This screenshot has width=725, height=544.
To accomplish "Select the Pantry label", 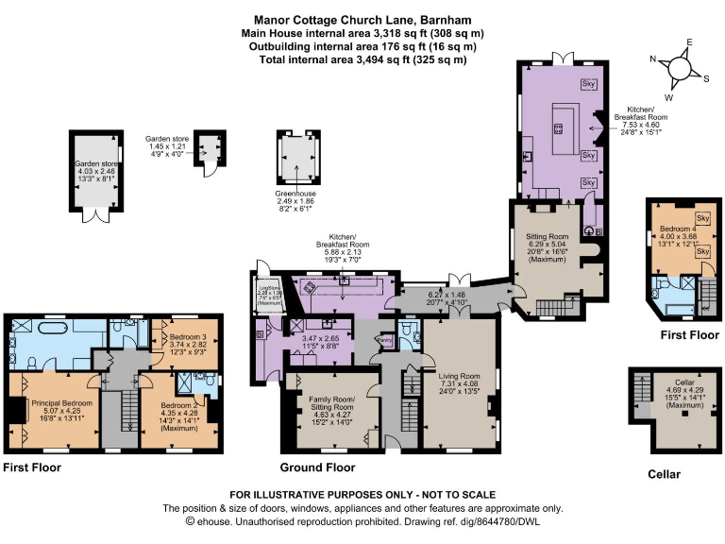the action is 384,339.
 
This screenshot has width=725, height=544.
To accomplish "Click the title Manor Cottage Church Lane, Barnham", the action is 363,19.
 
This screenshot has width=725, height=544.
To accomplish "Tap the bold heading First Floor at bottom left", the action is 32,467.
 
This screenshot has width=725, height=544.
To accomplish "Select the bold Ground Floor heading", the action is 317,467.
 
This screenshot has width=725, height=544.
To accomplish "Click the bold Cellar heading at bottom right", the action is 664,473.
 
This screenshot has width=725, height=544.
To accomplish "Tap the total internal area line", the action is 363,59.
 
